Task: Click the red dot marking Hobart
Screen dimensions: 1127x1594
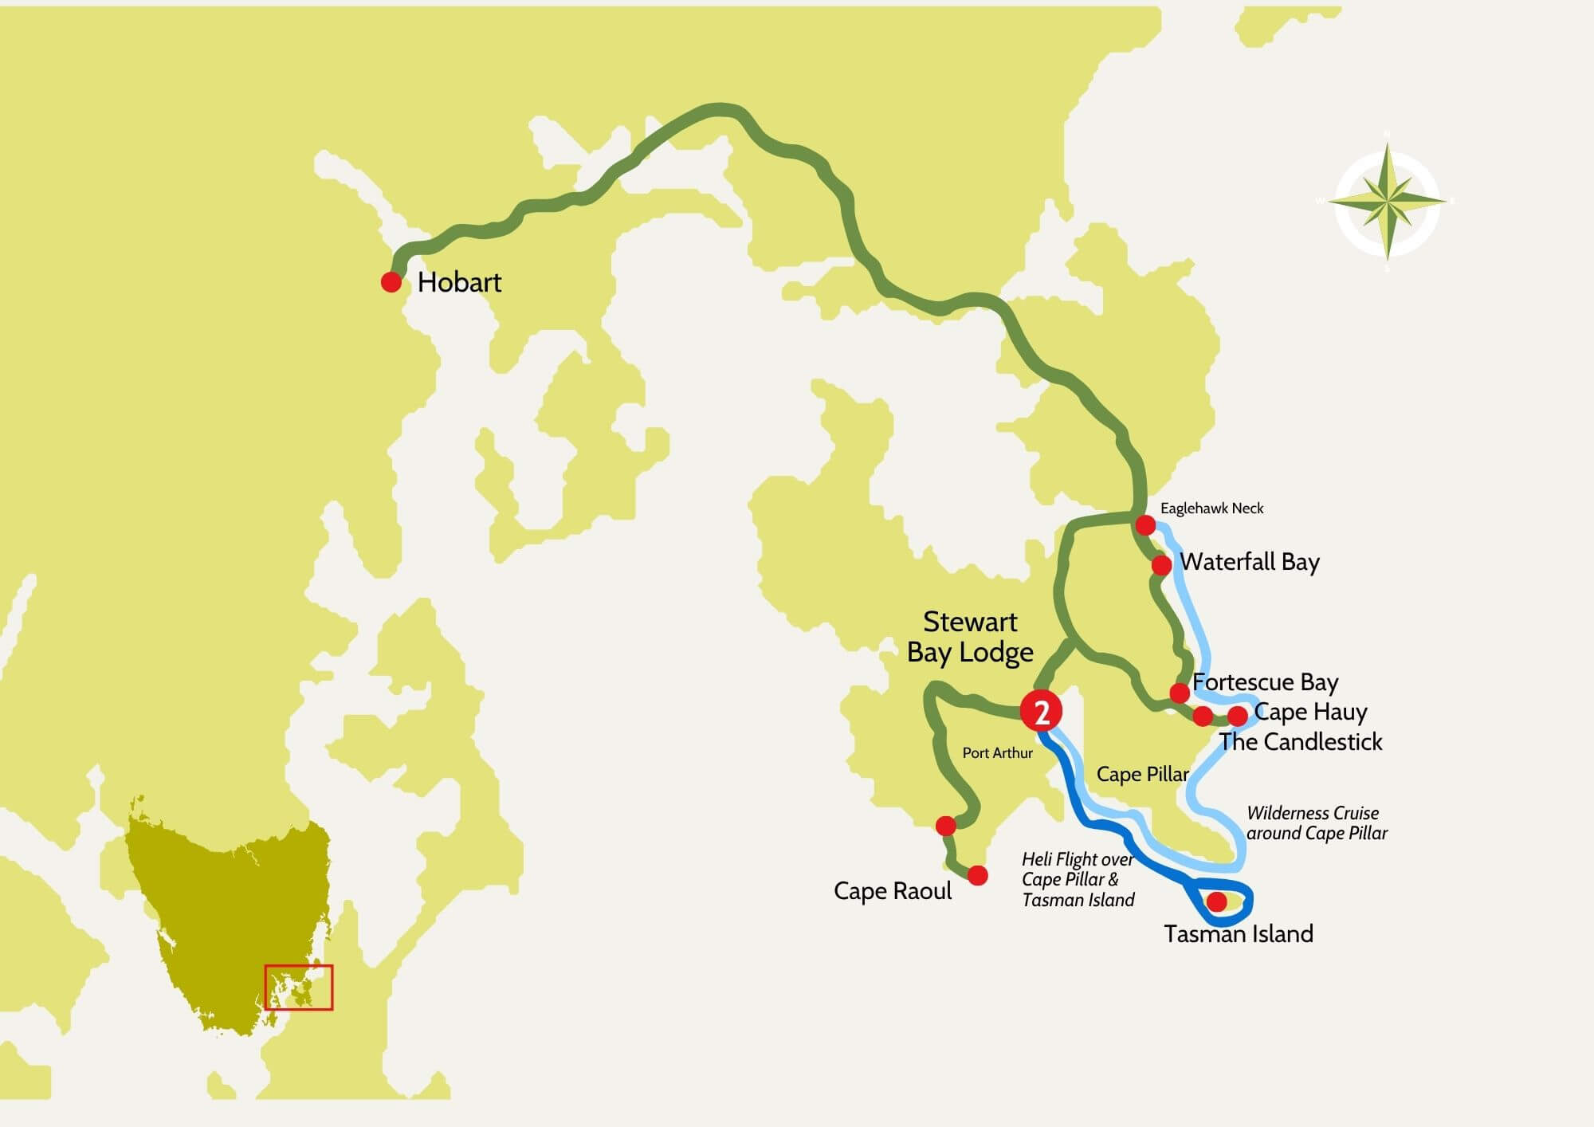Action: tap(391, 281)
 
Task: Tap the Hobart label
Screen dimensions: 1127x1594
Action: tap(459, 282)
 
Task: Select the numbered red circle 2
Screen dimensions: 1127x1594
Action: tap(1042, 712)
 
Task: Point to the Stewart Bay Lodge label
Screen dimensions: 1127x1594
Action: tap(970, 637)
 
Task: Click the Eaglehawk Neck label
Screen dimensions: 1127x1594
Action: tap(1211, 509)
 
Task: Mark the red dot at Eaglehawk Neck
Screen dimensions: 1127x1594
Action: tap(1145, 524)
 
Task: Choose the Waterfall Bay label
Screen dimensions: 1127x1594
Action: tap(1250, 562)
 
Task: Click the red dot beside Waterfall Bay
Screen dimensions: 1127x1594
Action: tap(1161, 565)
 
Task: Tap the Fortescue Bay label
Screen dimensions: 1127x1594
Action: tap(1265, 682)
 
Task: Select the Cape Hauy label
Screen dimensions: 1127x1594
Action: tap(1310, 711)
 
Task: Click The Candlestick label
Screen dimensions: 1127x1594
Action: tap(1301, 742)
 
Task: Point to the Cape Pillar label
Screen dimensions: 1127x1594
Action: tap(1142, 774)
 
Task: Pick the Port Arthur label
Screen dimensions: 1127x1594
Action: tap(997, 753)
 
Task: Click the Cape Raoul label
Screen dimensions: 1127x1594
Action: tap(893, 890)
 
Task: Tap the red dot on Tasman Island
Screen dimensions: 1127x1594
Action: tap(1217, 901)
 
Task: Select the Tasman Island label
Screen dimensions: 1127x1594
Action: tap(1238, 934)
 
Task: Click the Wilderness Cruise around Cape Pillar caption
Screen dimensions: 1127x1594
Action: tap(1317, 823)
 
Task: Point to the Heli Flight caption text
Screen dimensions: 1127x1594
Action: tap(1078, 880)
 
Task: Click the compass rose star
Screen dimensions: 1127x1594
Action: tap(1387, 201)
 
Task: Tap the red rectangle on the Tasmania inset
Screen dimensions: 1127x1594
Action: tap(299, 988)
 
